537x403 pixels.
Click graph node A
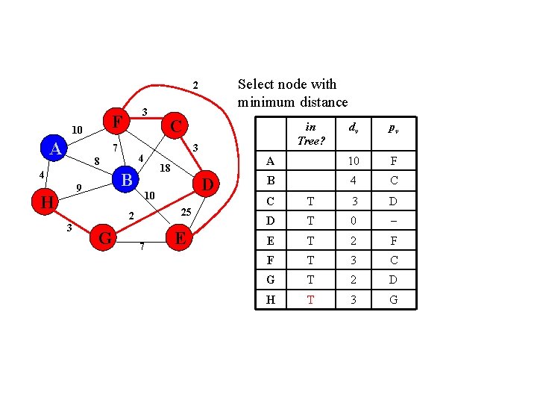pyautogui.click(x=55, y=149)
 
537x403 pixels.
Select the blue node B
pyautogui.click(x=127, y=180)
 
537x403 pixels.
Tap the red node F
pyautogui.click(x=116, y=120)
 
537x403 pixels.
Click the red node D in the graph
pyautogui.click(x=208, y=184)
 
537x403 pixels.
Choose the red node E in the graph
pyautogui.click(x=179, y=238)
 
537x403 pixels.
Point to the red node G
pyautogui.click(x=105, y=238)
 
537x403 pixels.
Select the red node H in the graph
pyautogui.click(x=46, y=202)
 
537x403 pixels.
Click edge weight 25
pyautogui.click(x=186, y=213)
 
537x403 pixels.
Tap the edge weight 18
pyautogui.click(x=166, y=169)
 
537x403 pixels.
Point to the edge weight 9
pyautogui.click(x=79, y=187)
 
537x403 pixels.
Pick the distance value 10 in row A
pyautogui.click(x=354, y=161)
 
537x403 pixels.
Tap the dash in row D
pyautogui.click(x=392, y=219)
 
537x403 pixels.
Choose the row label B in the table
pyautogui.click(x=270, y=180)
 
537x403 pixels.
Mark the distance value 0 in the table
pyautogui.click(x=354, y=219)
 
